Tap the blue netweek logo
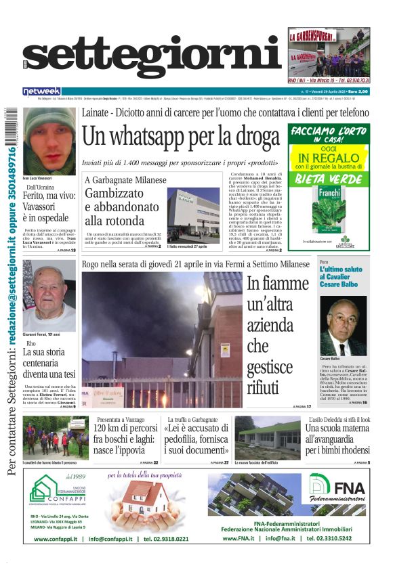(41, 91)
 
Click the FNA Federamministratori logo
(337, 489)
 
